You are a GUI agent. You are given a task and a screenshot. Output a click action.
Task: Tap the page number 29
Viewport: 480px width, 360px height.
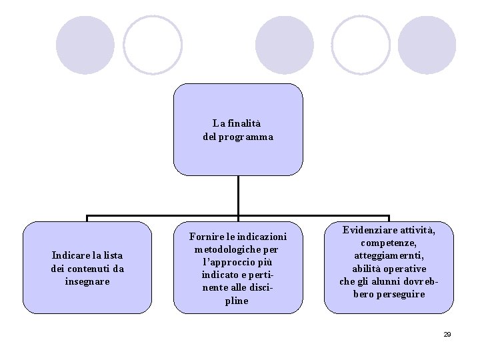[x=447, y=334]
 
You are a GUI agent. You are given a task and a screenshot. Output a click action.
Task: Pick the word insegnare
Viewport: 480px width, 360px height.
[x=87, y=281]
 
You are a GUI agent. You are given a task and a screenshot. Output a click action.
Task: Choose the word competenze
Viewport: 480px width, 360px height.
[x=388, y=243]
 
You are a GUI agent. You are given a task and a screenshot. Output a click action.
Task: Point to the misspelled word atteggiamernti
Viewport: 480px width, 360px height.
[x=388, y=256]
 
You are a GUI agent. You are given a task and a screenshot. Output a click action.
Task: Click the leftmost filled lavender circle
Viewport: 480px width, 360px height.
[x=85, y=45]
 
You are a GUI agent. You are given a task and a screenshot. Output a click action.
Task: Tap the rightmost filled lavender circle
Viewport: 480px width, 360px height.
[x=427, y=45]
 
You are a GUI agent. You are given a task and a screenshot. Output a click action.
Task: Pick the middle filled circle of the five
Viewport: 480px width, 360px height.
[x=285, y=45]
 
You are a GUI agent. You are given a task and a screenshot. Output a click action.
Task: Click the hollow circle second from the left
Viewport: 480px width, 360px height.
[x=153, y=45]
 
